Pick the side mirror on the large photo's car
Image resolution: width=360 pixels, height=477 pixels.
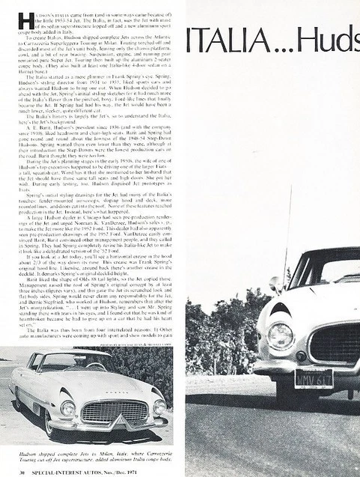275,285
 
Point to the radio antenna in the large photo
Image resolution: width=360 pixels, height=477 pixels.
286,240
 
